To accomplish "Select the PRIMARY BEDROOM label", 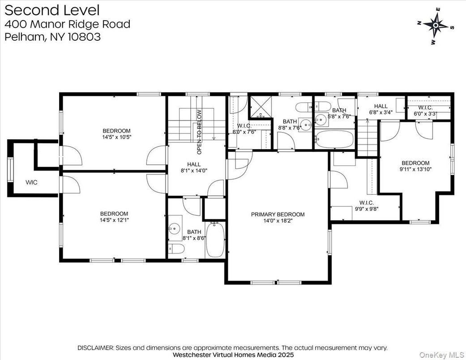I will click(x=278, y=214).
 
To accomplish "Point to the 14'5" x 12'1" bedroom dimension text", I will click(x=114, y=220).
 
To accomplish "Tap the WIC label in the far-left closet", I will click(x=31, y=183).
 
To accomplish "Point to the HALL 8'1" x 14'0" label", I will click(x=194, y=167).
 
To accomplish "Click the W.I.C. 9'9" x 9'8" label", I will click(x=366, y=205).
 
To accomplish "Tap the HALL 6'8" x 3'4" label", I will click(x=378, y=109).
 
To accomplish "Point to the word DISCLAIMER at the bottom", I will click(x=96, y=347).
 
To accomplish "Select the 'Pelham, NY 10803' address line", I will click(x=53, y=37).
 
